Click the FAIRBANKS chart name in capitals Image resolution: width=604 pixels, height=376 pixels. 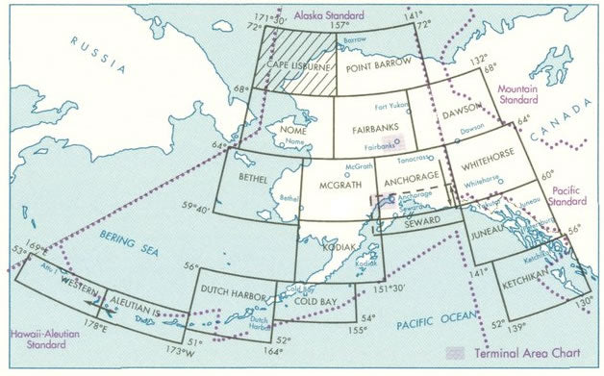(373, 127)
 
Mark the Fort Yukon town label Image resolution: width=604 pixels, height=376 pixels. (393, 104)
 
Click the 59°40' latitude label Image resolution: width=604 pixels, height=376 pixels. (195, 204)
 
